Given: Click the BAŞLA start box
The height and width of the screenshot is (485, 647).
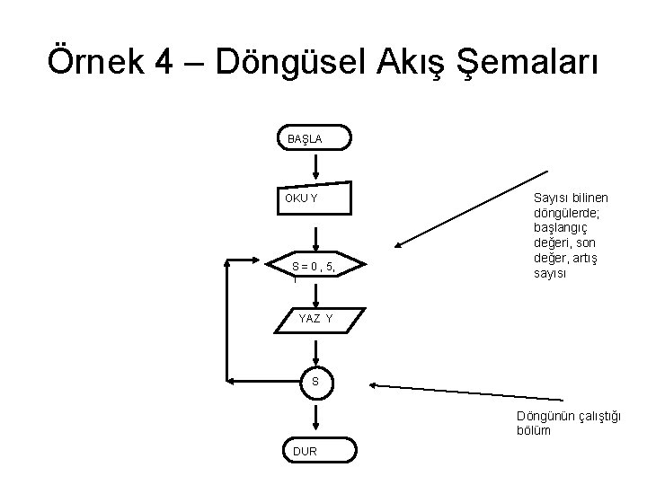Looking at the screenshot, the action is (x=315, y=139).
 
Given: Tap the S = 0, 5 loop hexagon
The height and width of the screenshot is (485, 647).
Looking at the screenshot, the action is (x=315, y=266).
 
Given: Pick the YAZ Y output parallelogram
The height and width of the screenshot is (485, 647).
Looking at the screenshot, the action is (x=315, y=319).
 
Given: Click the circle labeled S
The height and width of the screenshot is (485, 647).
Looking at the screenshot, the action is (x=315, y=383).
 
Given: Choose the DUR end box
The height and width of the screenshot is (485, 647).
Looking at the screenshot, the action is (x=315, y=451).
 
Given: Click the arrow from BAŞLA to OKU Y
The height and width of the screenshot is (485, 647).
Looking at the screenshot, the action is (x=315, y=165).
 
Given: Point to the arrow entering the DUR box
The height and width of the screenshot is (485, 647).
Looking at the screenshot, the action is (x=315, y=419).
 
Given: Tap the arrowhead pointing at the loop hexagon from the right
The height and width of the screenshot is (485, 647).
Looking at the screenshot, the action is (x=398, y=243).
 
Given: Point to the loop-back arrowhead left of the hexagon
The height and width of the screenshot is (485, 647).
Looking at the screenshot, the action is (x=261, y=267).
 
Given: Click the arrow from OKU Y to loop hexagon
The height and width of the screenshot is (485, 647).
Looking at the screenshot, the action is (x=315, y=235).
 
